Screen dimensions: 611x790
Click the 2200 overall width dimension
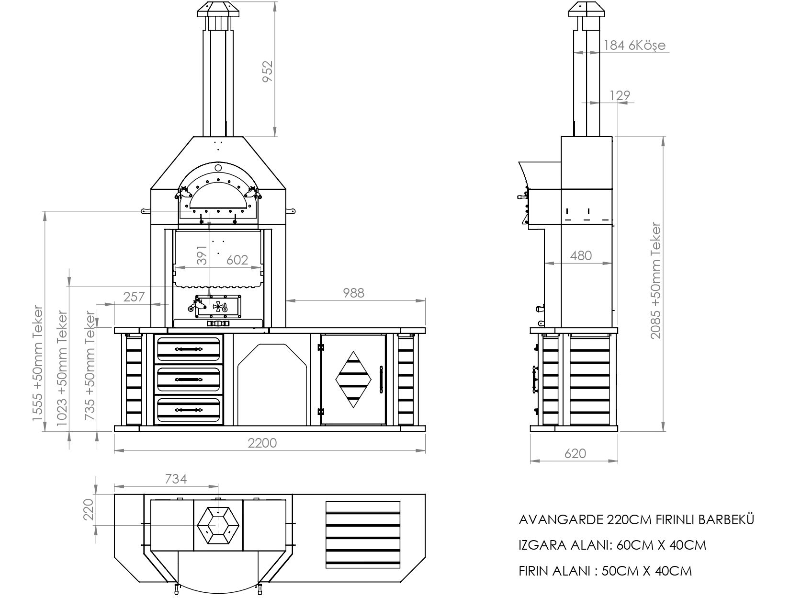click(x=262, y=442)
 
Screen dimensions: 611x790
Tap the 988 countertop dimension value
click(x=353, y=293)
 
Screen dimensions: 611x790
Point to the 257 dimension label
click(x=134, y=297)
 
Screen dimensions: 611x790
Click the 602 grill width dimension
click(x=237, y=260)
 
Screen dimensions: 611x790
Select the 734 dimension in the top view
click(x=176, y=478)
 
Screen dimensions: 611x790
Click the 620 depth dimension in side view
click(x=575, y=453)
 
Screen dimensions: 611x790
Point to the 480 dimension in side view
click(x=581, y=255)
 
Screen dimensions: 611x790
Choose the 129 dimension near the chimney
click(x=620, y=95)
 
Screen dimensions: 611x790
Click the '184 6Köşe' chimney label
click(x=634, y=46)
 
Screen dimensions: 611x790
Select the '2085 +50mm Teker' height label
click(x=655, y=281)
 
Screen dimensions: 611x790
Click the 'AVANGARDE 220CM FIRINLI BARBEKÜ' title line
click(x=636, y=519)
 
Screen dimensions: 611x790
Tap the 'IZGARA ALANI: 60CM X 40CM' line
click(x=612, y=545)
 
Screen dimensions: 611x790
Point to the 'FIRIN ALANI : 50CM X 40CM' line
click(x=605, y=571)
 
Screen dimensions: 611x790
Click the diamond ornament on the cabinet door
click(x=354, y=379)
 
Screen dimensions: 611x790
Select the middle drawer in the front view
click(x=189, y=379)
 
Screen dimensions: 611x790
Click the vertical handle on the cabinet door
click(x=381, y=380)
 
